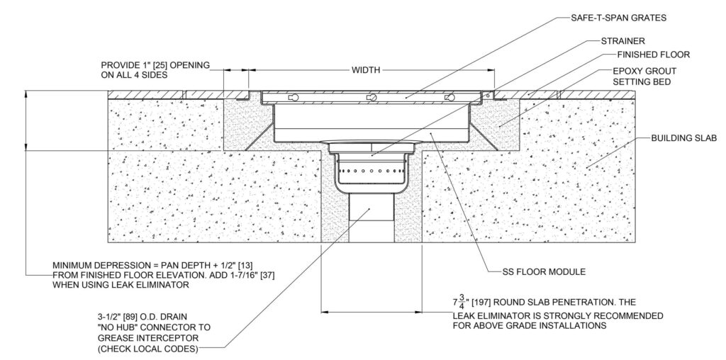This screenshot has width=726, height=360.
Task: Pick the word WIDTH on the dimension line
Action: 367,70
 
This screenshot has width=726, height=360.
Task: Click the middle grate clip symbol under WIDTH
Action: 369,97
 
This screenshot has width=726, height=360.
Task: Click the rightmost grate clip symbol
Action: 447,97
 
